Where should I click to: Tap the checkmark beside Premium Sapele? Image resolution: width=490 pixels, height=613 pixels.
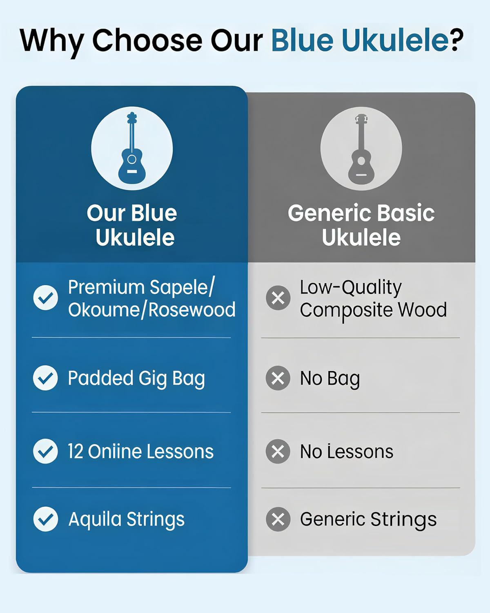pos(45,298)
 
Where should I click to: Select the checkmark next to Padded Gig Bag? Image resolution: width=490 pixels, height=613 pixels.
pos(45,378)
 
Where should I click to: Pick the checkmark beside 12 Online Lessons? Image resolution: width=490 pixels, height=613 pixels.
pos(45,451)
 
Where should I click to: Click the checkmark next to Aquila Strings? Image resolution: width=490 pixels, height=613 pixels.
pos(45,519)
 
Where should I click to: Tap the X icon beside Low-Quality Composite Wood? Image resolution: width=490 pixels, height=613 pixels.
pos(278,298)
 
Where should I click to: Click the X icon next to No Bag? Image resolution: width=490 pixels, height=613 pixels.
pos(278,378)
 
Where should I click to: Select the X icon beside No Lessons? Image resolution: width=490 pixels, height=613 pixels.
pos(278,451)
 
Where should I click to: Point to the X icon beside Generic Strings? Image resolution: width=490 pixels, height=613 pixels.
pos(278,519)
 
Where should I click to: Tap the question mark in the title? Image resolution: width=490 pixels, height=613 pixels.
pos(456,40)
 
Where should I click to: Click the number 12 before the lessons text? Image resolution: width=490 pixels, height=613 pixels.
pos(76,452)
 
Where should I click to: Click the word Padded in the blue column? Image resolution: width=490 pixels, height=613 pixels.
pos(100,378)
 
